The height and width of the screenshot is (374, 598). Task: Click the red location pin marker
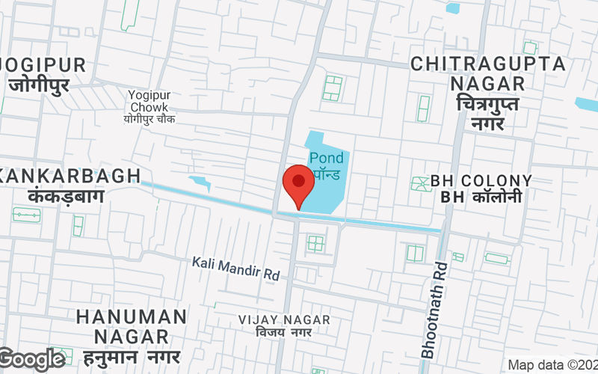298,186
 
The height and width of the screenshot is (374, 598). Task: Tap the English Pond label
327,158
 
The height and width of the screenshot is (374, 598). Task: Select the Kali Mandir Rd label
235,268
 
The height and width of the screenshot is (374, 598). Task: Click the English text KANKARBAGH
71,176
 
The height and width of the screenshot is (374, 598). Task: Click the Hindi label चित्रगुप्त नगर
487,113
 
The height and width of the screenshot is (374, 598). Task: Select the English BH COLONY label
481,181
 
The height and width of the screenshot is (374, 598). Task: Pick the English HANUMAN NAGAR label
131,327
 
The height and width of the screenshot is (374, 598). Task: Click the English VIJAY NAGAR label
284,319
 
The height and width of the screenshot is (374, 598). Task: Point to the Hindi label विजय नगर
283,332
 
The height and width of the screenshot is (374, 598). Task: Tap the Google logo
32,360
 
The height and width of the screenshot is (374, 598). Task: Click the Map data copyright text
552,365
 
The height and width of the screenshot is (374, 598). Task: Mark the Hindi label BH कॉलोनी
481,197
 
